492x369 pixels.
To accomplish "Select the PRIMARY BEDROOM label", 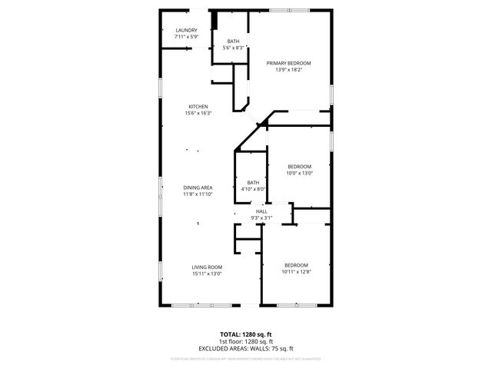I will tap(289, 63).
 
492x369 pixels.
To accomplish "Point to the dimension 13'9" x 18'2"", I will tap(289, 70).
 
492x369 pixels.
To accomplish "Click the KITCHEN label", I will tap(198, 107).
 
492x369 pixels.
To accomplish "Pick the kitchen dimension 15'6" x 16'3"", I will tap(198, 113).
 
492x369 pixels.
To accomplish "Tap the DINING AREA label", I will tap(198, 188).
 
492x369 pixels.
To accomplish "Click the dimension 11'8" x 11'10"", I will tap(198, 194).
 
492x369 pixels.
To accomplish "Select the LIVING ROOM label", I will tap(207, 267).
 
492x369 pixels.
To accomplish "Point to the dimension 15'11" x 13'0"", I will tap(207, 273).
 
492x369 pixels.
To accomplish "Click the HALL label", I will tap(261, 211).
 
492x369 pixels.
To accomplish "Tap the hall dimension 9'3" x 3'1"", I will tap(261, 218).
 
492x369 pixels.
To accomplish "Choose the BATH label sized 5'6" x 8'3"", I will tap(233, 42).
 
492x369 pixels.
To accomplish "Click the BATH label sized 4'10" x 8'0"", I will tap(253, 182).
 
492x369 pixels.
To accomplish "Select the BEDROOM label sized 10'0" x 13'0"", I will tap(300, 167).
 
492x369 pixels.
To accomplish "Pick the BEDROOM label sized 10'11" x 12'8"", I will tap(296, 265).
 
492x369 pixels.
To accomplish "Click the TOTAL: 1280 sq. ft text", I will tap(246, 334).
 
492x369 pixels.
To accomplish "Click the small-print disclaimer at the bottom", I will tap(246, 358).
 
